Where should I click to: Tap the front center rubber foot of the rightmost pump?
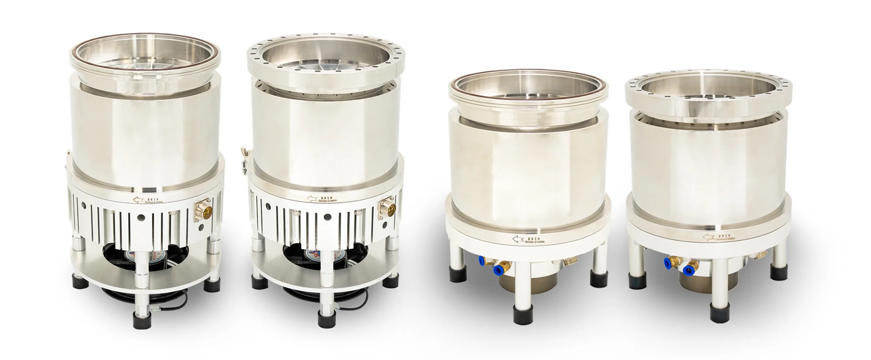pyautogui.click(x=718, y=313)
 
